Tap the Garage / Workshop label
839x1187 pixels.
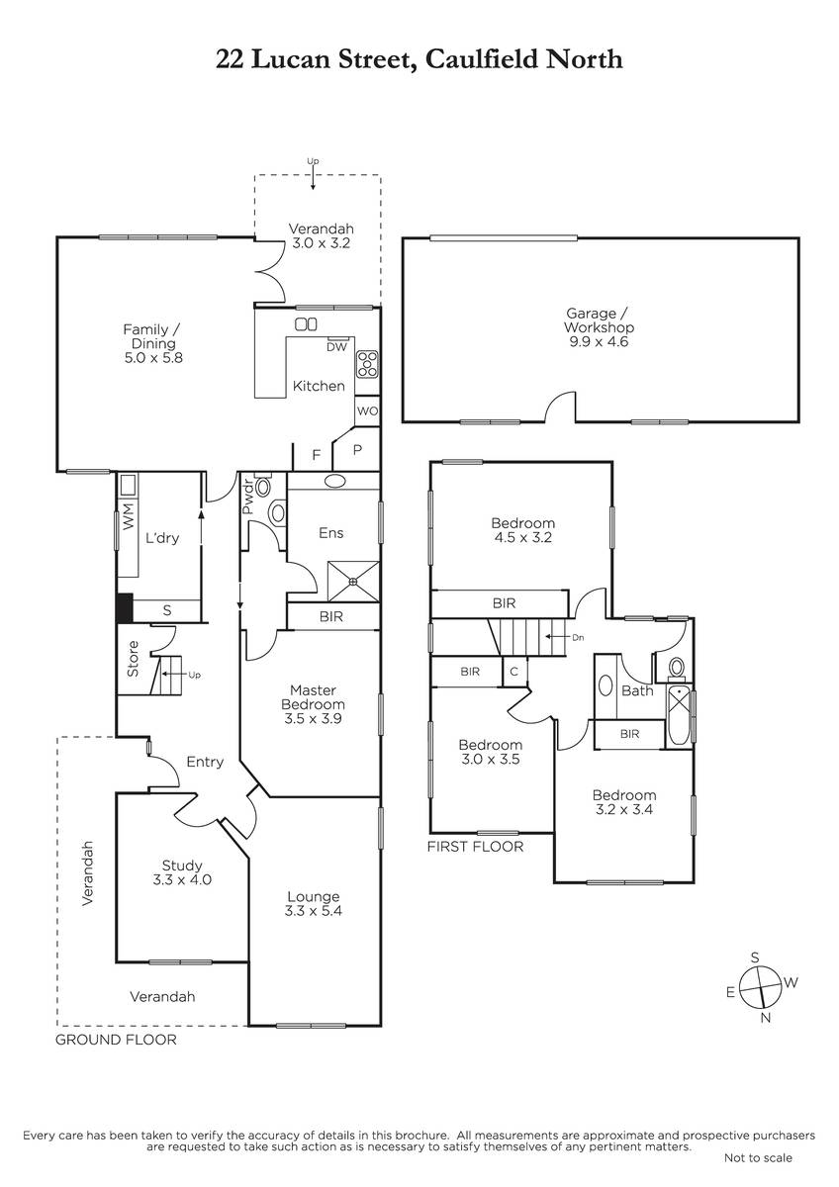coord(599,320)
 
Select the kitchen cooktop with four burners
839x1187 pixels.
coord(367,364)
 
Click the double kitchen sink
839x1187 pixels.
coord(306,323)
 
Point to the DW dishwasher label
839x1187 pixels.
coord(336,347)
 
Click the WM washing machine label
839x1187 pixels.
coord(129,516)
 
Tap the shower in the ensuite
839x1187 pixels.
coord(353,582)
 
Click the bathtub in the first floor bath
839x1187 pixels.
coord(679,716)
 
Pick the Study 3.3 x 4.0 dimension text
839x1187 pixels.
coord(182,879)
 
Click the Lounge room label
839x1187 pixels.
coord(314,896)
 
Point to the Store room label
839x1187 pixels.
coord(133,659)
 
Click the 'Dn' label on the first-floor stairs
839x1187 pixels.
coord(578,637)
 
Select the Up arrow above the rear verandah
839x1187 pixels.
coord(313,179)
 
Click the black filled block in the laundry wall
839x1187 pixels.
coord(124,608)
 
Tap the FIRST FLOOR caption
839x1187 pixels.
coord(475,847)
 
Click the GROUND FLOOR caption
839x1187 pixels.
coord(116,1040)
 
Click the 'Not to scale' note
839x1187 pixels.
coord(758,1158)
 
